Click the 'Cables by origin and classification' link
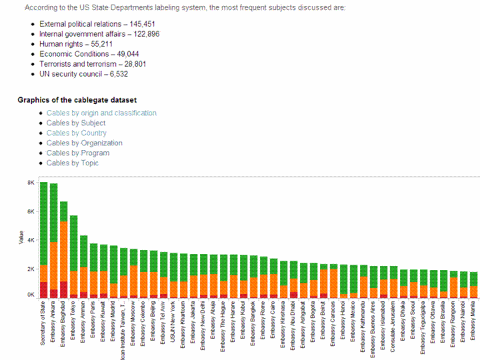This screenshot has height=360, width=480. pyautogui.click(x=101, y=113)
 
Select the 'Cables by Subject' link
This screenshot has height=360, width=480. pyautogui.click(x=76, y=123)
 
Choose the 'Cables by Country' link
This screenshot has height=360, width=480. pyautogui.click(x=77, y=133)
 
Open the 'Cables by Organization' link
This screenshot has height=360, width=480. pyautogui.click(x=85, y=143)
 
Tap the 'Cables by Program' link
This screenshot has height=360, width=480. pyautogui.click(x=78, y=153)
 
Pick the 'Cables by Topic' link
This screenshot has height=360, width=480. pyautogui.click(x=73, y=163)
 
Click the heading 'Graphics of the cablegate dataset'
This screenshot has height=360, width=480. pyautogui.click(x=77, y=101)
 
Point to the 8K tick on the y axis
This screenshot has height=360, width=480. pyautogui.click(x=31, y=183)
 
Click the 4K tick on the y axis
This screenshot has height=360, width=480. pyautogui.click(x=31, y=240)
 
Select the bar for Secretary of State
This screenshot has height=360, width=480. pyautogui.click(x=43, y=240)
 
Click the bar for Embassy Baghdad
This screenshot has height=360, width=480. pyautogui.click(x=63, y=250)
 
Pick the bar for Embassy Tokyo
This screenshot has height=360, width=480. pyautogui.click(x=74, y=257)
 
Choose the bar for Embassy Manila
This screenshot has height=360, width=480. pyautogui.click(x=473, y=285)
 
